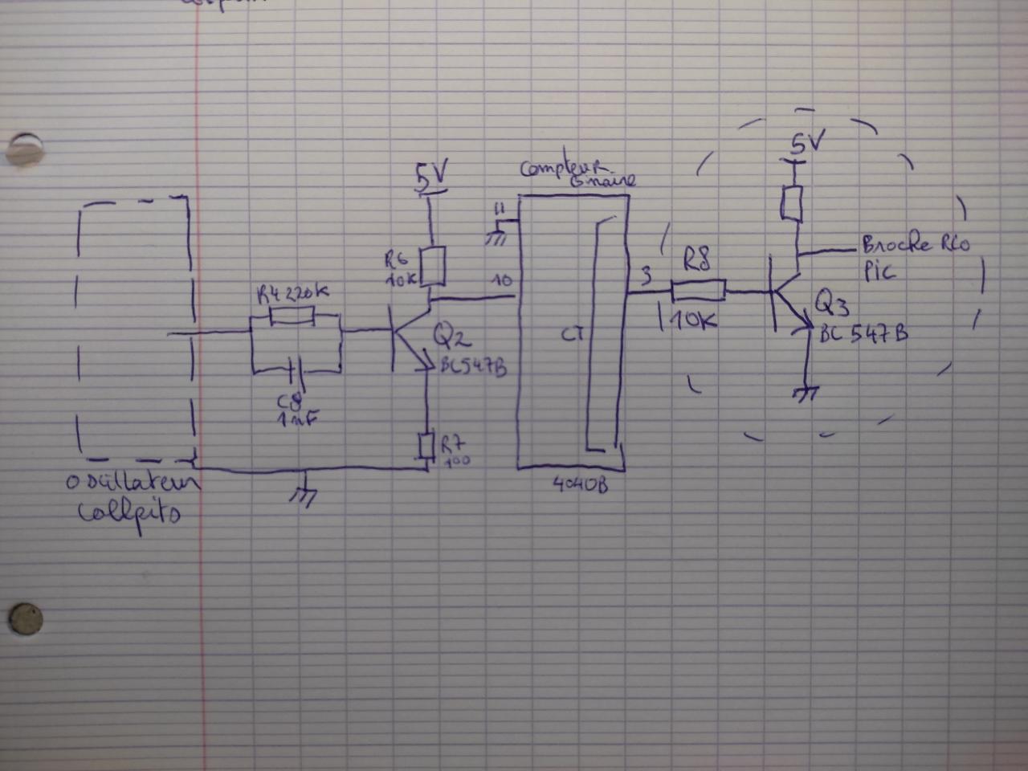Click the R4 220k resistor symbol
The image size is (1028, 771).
(292, 317)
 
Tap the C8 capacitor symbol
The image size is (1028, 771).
(292, 371)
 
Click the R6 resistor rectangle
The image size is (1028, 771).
(434, 267)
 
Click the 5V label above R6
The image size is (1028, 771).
(431, 175)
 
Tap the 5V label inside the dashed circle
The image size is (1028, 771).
(806, 144)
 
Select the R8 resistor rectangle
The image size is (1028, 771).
(698, 289)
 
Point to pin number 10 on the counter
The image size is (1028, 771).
(502, 280)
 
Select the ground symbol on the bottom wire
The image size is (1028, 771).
(304, 496)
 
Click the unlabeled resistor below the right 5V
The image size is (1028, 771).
(792, 204)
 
